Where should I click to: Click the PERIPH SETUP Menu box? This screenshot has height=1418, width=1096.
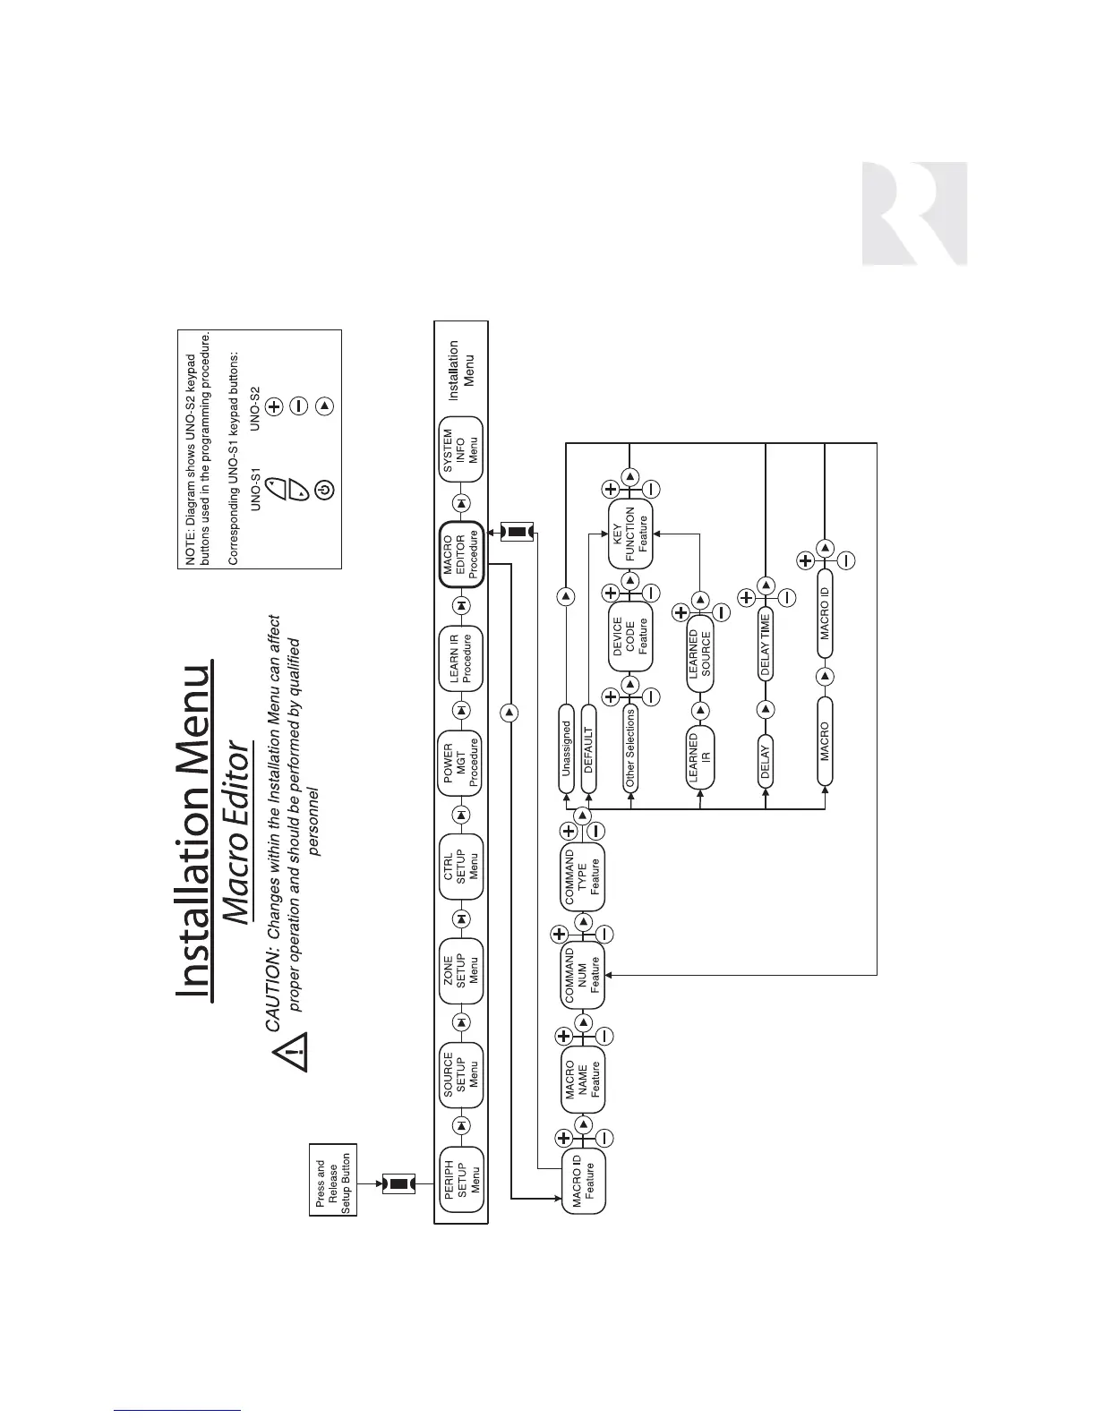point(461,1179)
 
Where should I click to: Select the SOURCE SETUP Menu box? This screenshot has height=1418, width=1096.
point(461,1074)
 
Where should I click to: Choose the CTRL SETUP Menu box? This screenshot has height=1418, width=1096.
point(461,866)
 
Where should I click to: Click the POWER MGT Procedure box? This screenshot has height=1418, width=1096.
point(461,764)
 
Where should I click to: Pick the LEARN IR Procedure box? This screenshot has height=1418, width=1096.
point(461,659)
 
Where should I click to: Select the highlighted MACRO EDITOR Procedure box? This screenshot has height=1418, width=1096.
point(461,554)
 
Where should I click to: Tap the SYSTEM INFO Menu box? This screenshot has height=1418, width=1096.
point(461,449)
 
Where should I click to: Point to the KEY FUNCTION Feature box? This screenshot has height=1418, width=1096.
point(629,534)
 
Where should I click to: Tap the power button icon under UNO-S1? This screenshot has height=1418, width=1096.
point(326,489)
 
